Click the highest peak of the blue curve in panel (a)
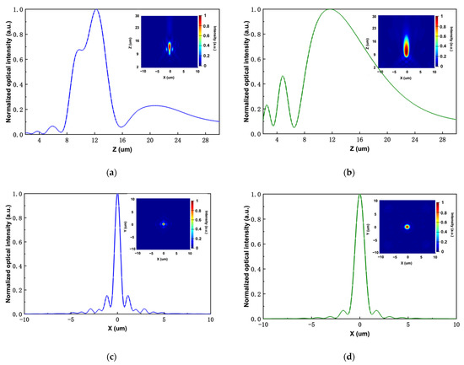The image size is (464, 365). click(x=97, y=11)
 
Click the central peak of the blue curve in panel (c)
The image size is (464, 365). click(x=117, y=195)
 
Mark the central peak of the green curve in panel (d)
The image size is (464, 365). click(x=360, y=195)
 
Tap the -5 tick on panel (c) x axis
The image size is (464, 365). click(x=71, y=325)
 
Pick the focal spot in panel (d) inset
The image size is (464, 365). click(x=407, y=227)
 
